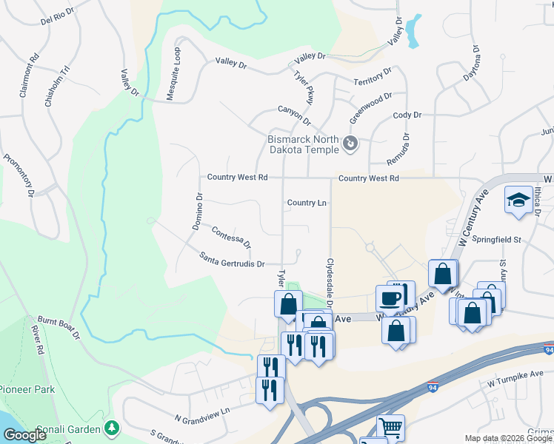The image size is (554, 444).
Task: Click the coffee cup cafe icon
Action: pyautogui.click(x=390, y=298)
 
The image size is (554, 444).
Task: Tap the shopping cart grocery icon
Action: pyautogui.click(x=390, y=428)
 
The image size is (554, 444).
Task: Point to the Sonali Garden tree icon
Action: pyautogui.click(x=111, y=428)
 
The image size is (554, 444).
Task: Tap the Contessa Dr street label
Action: pyautogui.click(x=231, y=238)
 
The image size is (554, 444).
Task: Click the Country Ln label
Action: pyautogui.click(x=307, y=202)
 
